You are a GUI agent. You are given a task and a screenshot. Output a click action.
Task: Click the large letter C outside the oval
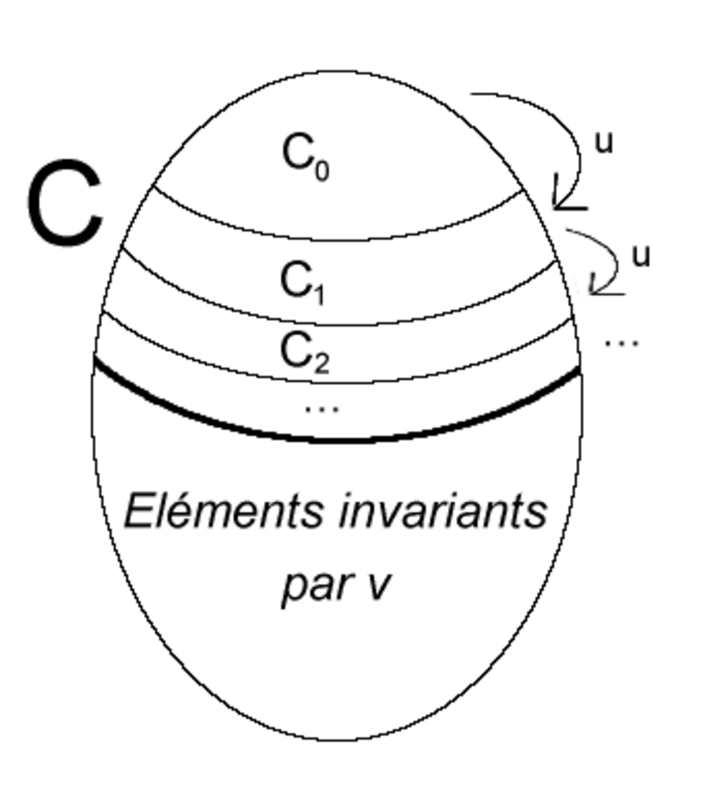click(x=65, y=203)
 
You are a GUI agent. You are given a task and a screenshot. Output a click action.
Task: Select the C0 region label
click(x=306, y=157)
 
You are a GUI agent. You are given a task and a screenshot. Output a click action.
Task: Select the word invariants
click(x=443, y=511)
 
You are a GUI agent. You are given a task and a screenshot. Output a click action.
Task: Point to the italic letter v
click(x=375, y=585)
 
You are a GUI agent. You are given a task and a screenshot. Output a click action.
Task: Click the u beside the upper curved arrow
click(x=604, y=143)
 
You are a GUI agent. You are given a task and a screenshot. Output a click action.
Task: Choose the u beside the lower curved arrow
click(x=641, y=256)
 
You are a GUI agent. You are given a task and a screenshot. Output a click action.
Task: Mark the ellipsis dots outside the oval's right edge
click(x=622, y=343)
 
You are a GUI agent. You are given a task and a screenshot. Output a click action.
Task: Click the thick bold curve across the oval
click(x=337, y=439)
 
